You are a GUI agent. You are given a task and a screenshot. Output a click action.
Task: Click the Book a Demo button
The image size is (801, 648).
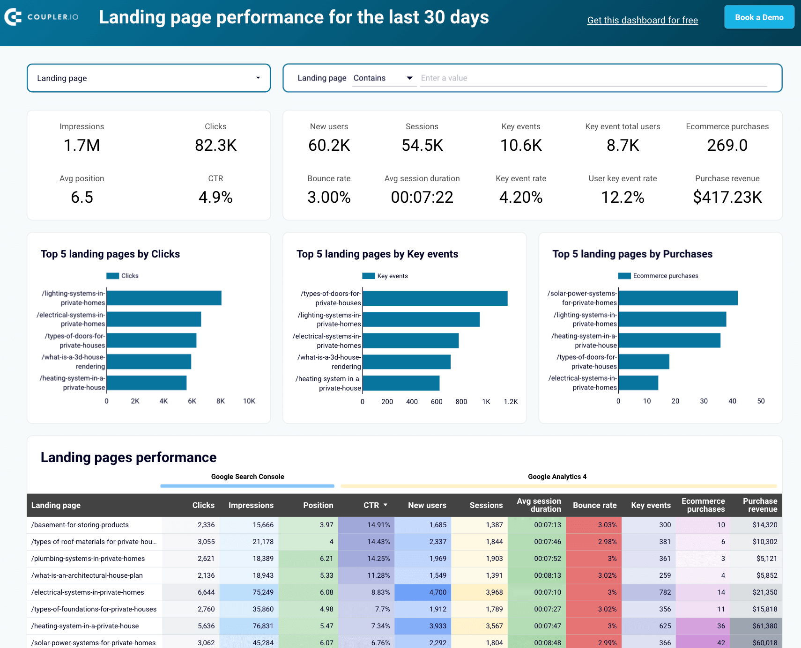pos(759,17)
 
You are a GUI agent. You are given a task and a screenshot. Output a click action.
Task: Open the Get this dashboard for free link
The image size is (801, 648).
pos(642,20)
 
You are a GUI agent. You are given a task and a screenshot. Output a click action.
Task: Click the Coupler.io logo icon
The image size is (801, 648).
pos(13,17)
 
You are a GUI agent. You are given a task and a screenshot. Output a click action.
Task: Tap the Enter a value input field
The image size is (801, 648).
pos(593,78)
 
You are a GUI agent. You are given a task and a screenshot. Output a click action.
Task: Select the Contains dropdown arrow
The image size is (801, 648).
pos(409,78)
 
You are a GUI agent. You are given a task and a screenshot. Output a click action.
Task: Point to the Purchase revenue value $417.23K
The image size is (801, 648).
pos(727,197)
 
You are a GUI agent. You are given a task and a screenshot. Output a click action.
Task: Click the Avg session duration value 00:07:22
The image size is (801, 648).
pos(422,197)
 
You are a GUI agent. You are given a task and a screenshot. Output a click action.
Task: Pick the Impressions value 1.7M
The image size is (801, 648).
pos(82,145)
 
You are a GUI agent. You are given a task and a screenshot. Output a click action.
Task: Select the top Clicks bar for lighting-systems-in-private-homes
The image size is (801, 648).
pos(164,298)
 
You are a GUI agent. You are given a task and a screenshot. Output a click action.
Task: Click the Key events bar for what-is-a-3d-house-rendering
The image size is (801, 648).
pos(406,362)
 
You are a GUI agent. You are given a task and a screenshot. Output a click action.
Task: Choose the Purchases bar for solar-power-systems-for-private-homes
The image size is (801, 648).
pos(678,298)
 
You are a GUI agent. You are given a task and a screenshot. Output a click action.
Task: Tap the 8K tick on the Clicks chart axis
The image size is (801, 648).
pos(221,401)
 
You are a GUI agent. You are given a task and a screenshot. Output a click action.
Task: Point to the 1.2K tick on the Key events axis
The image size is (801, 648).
pos(511,402)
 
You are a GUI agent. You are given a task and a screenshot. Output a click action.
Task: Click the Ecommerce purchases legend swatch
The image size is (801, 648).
pos(624,276)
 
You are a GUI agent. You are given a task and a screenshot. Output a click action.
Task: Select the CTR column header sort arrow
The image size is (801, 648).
pos(386,505)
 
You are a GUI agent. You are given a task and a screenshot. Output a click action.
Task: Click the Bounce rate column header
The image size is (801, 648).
pos(594,505)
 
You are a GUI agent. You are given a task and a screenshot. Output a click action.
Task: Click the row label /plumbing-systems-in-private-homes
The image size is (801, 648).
pos(88,559)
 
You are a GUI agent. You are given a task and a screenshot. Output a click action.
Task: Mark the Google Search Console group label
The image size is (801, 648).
pos(247,477)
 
